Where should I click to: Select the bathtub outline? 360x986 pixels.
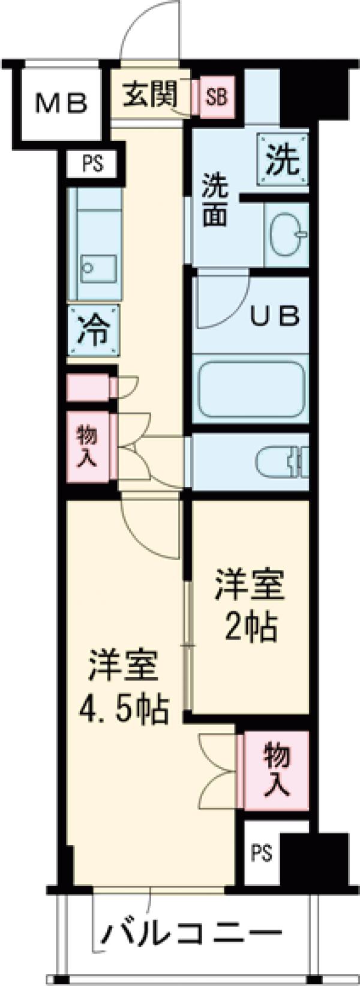click(x=251, y=388)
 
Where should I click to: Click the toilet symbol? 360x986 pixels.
click(x=282, y=462)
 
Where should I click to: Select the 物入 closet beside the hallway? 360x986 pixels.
click(x=88, y=446)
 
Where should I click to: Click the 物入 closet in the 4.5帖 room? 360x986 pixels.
click(x=277, y=768)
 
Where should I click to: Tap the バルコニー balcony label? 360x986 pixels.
click(x=191, y=933)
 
